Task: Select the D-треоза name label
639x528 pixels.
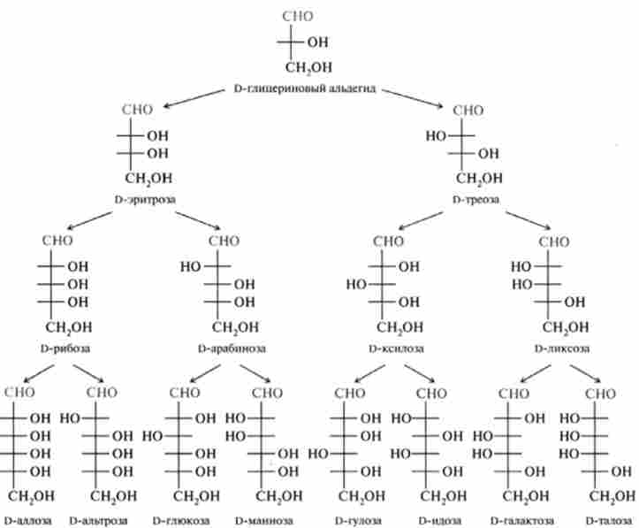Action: [x=475, y=200]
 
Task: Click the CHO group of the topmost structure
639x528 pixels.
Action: [x=298, y=16]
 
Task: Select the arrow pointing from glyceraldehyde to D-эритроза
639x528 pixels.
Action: [x=190, y=100]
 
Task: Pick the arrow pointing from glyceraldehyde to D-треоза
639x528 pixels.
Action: [x=415, y=99]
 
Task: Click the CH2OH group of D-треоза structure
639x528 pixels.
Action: [x=478, y=178]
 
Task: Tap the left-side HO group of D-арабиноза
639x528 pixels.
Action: [x=190, y=264]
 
